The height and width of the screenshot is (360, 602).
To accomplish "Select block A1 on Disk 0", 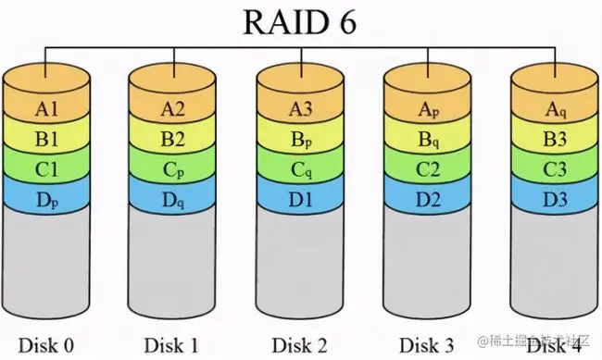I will (44, 110).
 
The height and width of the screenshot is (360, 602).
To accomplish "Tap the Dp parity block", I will (44, 198).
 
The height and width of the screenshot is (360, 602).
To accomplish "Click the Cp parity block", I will (171, 169).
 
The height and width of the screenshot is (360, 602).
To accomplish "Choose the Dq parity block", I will (171, 198).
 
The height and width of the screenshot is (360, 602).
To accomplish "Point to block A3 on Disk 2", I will (299, 110).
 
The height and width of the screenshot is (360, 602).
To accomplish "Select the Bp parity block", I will (299, 140).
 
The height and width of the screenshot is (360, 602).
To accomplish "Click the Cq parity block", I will (299, 169).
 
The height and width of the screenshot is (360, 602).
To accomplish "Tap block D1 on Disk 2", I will (299, 198).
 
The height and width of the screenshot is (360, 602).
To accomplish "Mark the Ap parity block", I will (427, 110).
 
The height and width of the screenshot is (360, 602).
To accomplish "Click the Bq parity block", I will (427, 140).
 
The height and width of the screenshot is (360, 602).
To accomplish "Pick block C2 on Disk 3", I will (427, 169).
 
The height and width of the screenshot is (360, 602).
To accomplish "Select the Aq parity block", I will (555, 110).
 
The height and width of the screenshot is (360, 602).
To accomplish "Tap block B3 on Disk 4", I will (555, 140).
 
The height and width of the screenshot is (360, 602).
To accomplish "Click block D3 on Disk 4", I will (555, 198).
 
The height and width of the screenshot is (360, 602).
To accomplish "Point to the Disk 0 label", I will (44, 344).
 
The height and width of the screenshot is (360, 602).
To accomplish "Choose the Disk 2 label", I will (299, 344).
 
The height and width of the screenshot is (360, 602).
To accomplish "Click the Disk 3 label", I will (427, 344).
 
